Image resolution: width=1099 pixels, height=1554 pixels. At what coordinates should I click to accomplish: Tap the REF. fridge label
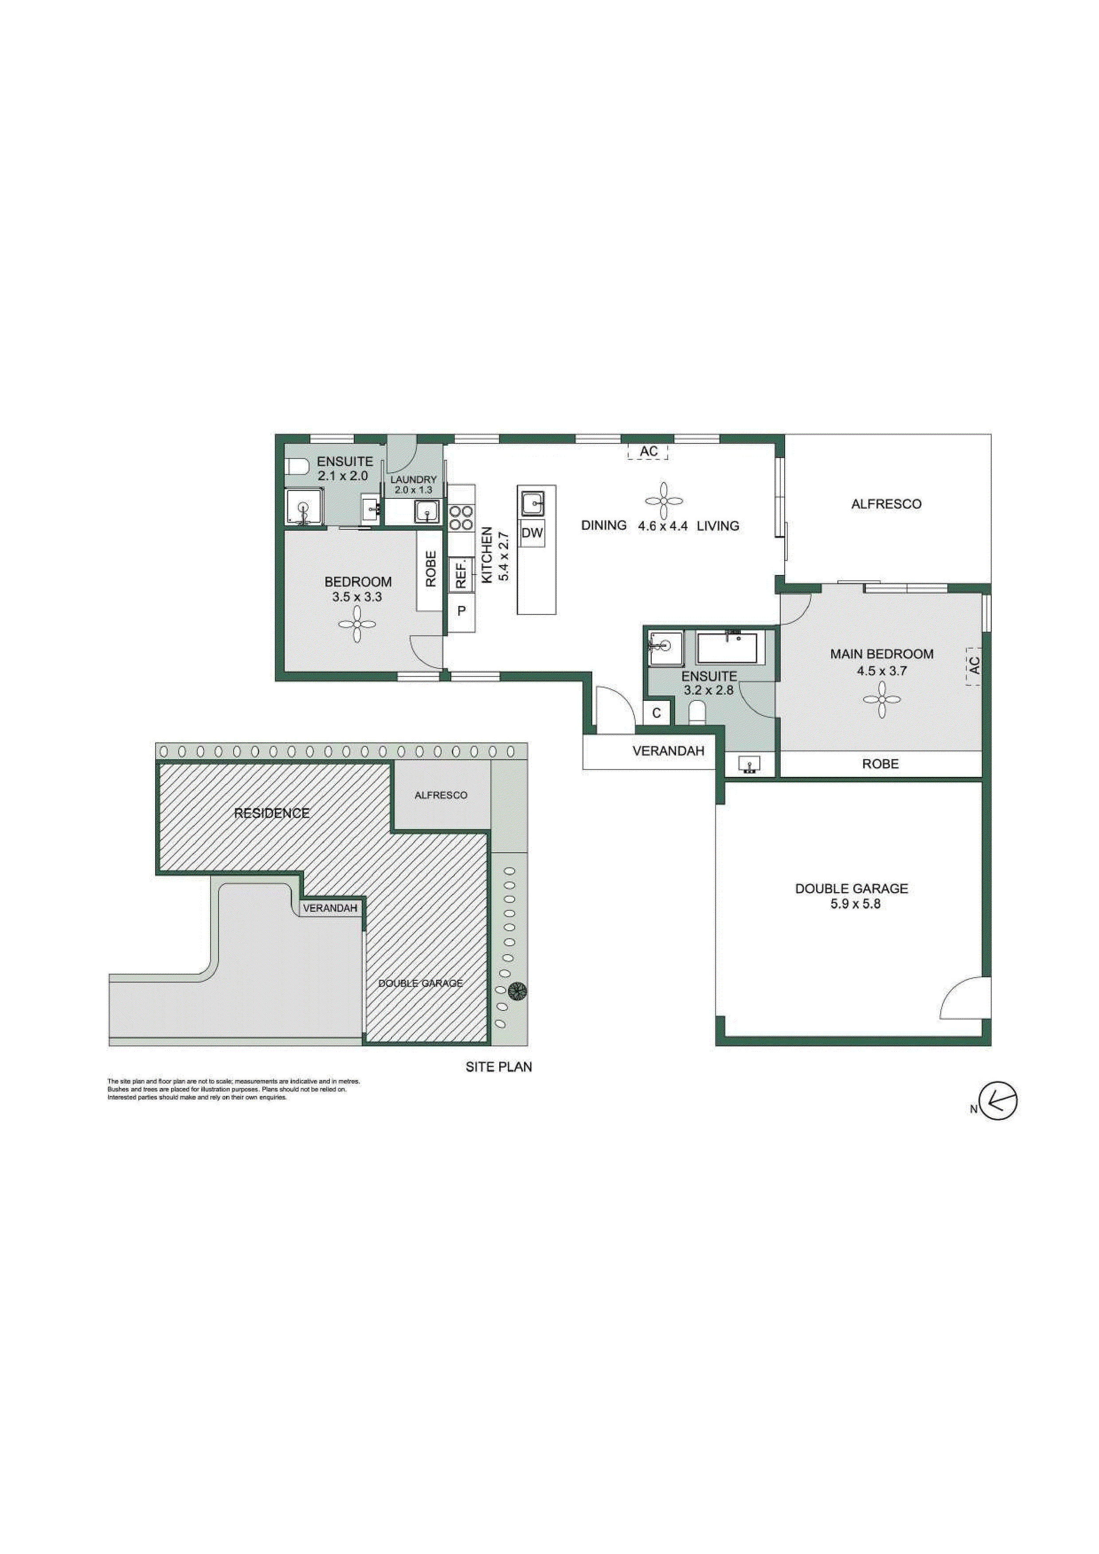[x=461, y=573]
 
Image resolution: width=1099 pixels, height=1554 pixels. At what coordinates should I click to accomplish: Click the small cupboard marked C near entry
[x=656, y=713]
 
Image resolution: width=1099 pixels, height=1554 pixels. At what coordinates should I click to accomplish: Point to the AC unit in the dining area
[x=648, y=451]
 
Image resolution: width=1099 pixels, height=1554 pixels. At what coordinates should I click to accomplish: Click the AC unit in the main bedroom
[x=974, y=666]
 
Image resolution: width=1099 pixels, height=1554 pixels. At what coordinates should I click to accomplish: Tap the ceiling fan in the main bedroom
[x=882, y=700]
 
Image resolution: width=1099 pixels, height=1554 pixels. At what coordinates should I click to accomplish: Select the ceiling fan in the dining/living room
[x=664, y=501]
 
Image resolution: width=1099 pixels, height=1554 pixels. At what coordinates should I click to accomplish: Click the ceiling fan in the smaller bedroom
[x=357, y=623]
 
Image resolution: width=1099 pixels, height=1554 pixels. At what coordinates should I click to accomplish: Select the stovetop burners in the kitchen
[x=461, y=518]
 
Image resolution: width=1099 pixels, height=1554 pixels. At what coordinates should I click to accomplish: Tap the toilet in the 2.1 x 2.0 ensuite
[x=296, y=466]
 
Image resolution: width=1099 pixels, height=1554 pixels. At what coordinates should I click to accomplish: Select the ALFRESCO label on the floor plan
[x=886, y=504]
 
